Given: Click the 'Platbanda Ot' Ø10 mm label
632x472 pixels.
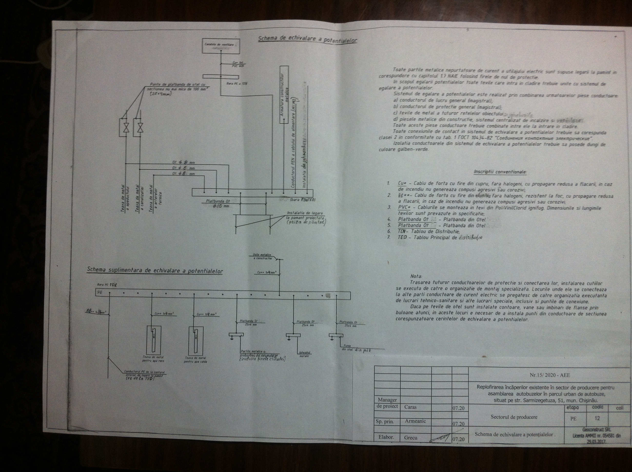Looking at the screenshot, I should click(x=218, y=203).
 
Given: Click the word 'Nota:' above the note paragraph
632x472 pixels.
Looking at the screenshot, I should click(x=416, y=276).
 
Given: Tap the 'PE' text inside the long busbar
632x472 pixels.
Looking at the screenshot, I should click(x=100, y=293).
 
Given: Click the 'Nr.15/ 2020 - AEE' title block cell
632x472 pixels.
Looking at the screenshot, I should click(x=549, y=375).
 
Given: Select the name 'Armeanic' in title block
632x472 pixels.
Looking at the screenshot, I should click(x=415, y=421).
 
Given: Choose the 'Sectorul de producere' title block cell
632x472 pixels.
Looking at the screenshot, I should click(x=514, y=417).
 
